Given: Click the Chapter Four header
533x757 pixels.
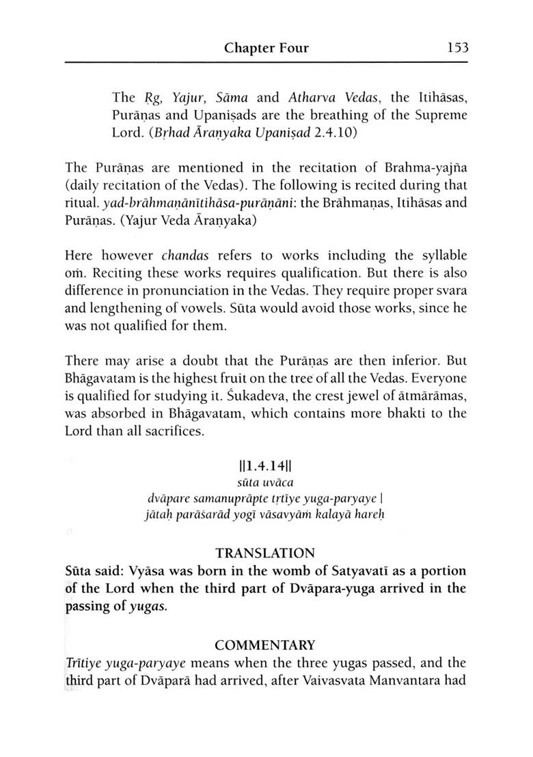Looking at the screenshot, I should [266, 49].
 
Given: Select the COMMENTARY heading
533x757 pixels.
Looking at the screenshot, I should [266, 645].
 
